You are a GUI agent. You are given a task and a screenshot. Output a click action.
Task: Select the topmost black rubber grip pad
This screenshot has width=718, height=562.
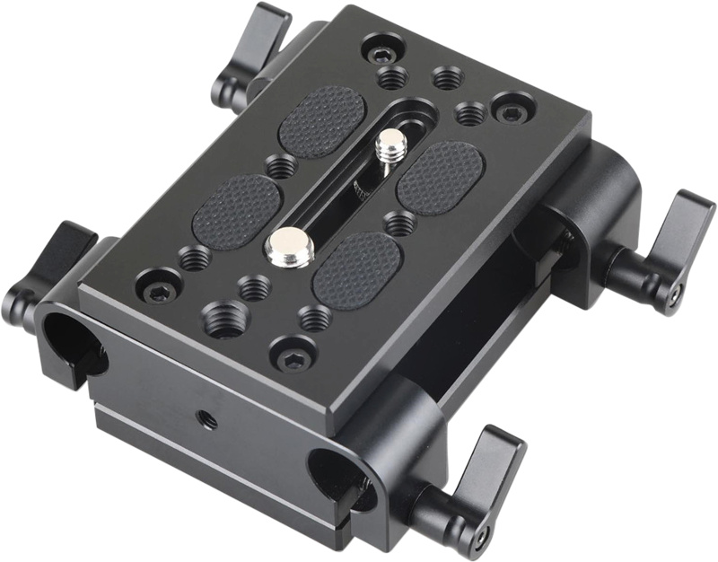pos(322,121)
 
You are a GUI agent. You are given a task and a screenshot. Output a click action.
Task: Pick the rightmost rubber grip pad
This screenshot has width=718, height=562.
pos(441,176)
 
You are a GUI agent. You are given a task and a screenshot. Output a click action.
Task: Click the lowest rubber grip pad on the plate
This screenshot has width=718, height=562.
pos(356,270)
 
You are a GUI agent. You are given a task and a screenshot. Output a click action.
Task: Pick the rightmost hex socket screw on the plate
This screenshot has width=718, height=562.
pos(512,111)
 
